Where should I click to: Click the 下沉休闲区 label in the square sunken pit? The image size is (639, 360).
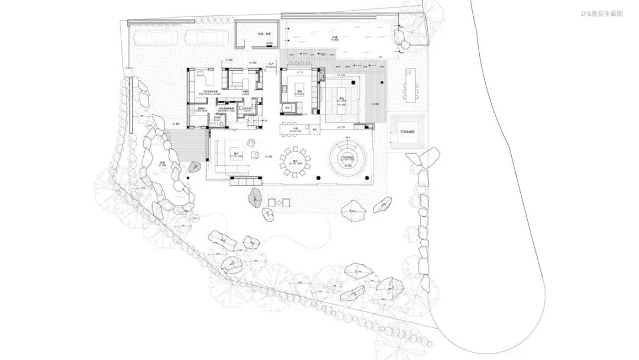coord(408,132)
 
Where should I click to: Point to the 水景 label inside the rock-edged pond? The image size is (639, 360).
coord(163,163)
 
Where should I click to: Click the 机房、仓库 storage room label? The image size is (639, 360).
coord(256,34)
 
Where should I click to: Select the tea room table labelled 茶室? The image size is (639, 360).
coord(341,99)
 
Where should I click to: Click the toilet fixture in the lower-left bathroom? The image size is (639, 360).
coord(219,126)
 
